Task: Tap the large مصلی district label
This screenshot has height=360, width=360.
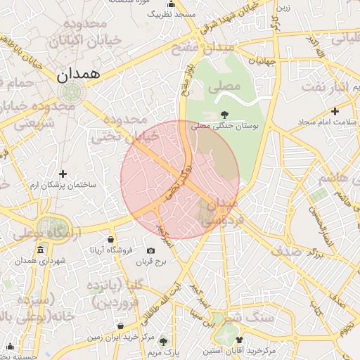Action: click(224, 86)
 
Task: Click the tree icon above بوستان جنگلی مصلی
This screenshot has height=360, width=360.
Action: click(224, 114)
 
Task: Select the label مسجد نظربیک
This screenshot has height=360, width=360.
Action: click(175, 14)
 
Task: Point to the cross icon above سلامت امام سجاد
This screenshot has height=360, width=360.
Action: click(335, 111)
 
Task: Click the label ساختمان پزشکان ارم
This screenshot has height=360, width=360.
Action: click(63, 184)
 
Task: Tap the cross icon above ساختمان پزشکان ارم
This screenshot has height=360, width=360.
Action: click(63, 174)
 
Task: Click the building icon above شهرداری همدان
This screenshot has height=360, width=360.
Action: click(41, 250)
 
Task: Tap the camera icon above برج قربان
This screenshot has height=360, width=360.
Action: click(150, 251)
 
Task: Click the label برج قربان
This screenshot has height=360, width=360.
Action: click(150, 262)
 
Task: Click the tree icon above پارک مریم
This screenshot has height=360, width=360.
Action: click(163, 339)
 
